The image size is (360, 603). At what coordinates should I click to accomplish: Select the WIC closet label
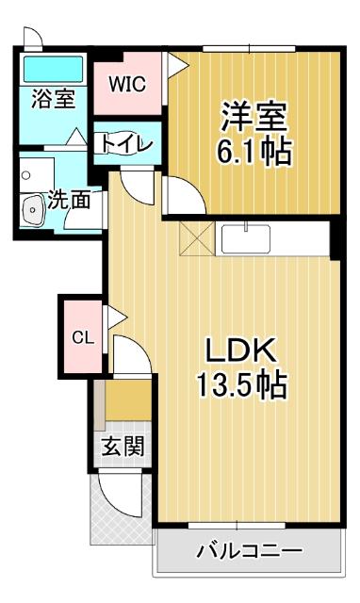(x=126, y=84)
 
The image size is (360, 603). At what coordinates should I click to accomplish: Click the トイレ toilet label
(x=122, y=144)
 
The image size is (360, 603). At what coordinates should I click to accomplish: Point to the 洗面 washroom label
(x=69, y=201)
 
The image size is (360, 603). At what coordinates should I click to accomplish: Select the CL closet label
(x=81, y=337)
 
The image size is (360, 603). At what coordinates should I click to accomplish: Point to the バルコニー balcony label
(x=249, y=552)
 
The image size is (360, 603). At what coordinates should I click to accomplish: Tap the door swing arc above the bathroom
(x=33, y=38)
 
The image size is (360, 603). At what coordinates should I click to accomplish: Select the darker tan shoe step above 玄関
(x=127, y=403)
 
